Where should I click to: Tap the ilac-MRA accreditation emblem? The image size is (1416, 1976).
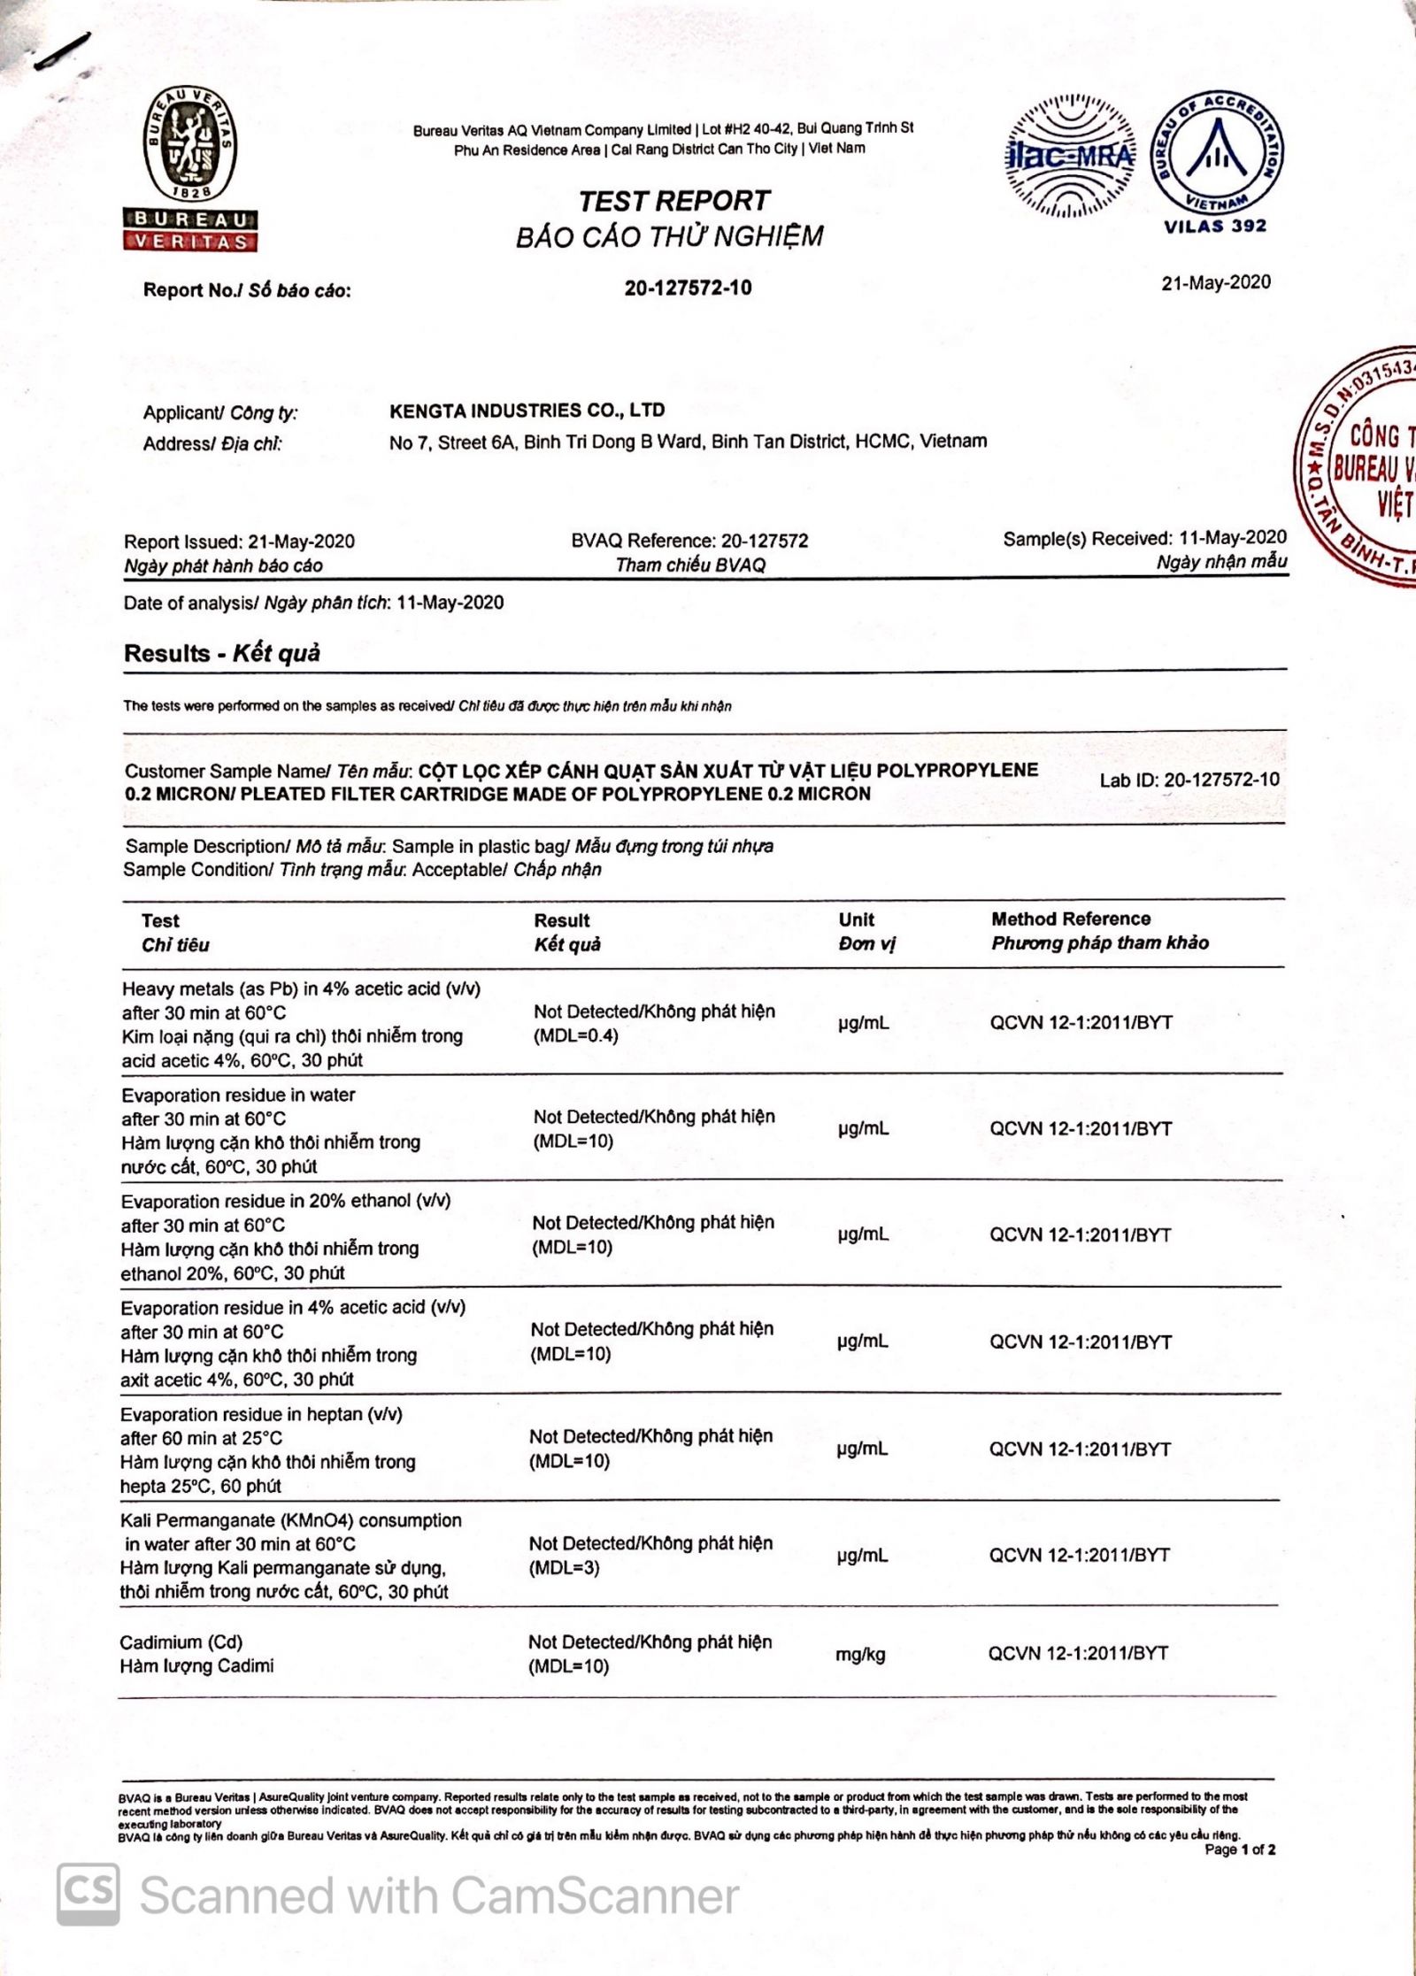coord(1069,156)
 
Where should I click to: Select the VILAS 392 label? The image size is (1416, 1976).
coord(1215,226)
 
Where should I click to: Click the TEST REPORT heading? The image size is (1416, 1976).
coord(673,201)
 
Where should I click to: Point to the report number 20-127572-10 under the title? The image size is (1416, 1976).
coord(688,288)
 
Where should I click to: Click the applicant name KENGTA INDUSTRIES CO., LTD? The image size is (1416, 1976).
coord(527,411)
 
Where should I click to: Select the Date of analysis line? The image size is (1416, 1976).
coord(314,603)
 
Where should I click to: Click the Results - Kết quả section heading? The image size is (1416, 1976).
coord(222,653)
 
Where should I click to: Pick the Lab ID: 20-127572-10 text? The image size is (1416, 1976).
coord(1189,780)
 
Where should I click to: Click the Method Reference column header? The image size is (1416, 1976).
coord(1071,919)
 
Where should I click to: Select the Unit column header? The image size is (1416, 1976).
coord(856,919)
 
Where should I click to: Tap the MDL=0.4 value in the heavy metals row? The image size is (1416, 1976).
coord(575,1035)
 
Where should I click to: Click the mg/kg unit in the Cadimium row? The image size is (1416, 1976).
coord(860,1654)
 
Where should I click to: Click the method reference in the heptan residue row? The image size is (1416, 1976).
coord(1080,1449)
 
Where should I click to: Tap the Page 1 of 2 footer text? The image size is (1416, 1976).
coord(1240,1849)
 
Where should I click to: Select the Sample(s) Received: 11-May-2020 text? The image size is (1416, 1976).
coord(1144,538)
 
